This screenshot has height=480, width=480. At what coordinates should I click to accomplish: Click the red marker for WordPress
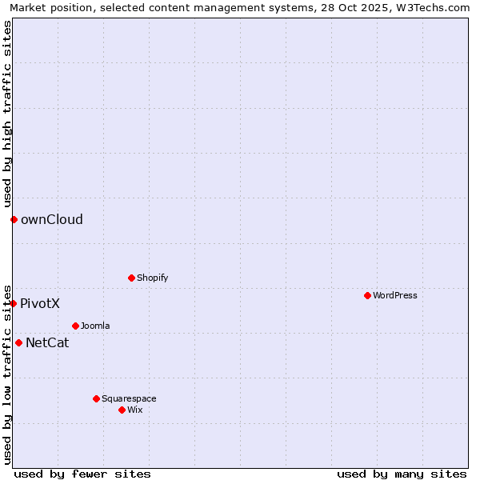(367, 295)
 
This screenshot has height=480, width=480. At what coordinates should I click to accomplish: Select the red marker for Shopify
(131, 278)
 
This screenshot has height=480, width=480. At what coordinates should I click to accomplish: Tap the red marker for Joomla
(75, 326)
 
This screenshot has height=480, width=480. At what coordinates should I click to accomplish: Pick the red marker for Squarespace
(96, 398)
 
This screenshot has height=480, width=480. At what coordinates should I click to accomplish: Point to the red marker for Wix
(122, 410)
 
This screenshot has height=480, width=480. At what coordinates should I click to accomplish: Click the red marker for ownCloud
(14, 219)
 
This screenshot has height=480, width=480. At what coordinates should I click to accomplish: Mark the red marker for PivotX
(13, 303)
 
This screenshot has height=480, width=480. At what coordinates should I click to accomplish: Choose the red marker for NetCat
(18, 342)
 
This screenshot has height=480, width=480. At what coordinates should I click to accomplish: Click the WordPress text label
(395, 295)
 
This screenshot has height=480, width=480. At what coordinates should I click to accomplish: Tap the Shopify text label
(152, 278)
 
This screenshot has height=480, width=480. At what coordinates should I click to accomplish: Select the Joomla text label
(95, 326)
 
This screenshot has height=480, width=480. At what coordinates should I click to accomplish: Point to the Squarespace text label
(129, 398)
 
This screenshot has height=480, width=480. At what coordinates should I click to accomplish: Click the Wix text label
(135, 410)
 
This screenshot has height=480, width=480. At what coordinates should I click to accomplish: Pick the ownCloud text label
(52, 219)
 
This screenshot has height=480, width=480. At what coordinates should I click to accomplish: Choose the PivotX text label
(40, 303)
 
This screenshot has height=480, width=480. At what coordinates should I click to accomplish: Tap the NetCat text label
(47, 342)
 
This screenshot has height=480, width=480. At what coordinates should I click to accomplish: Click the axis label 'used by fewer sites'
(82, 474)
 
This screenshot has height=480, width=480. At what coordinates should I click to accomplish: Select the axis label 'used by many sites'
(402, 474)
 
